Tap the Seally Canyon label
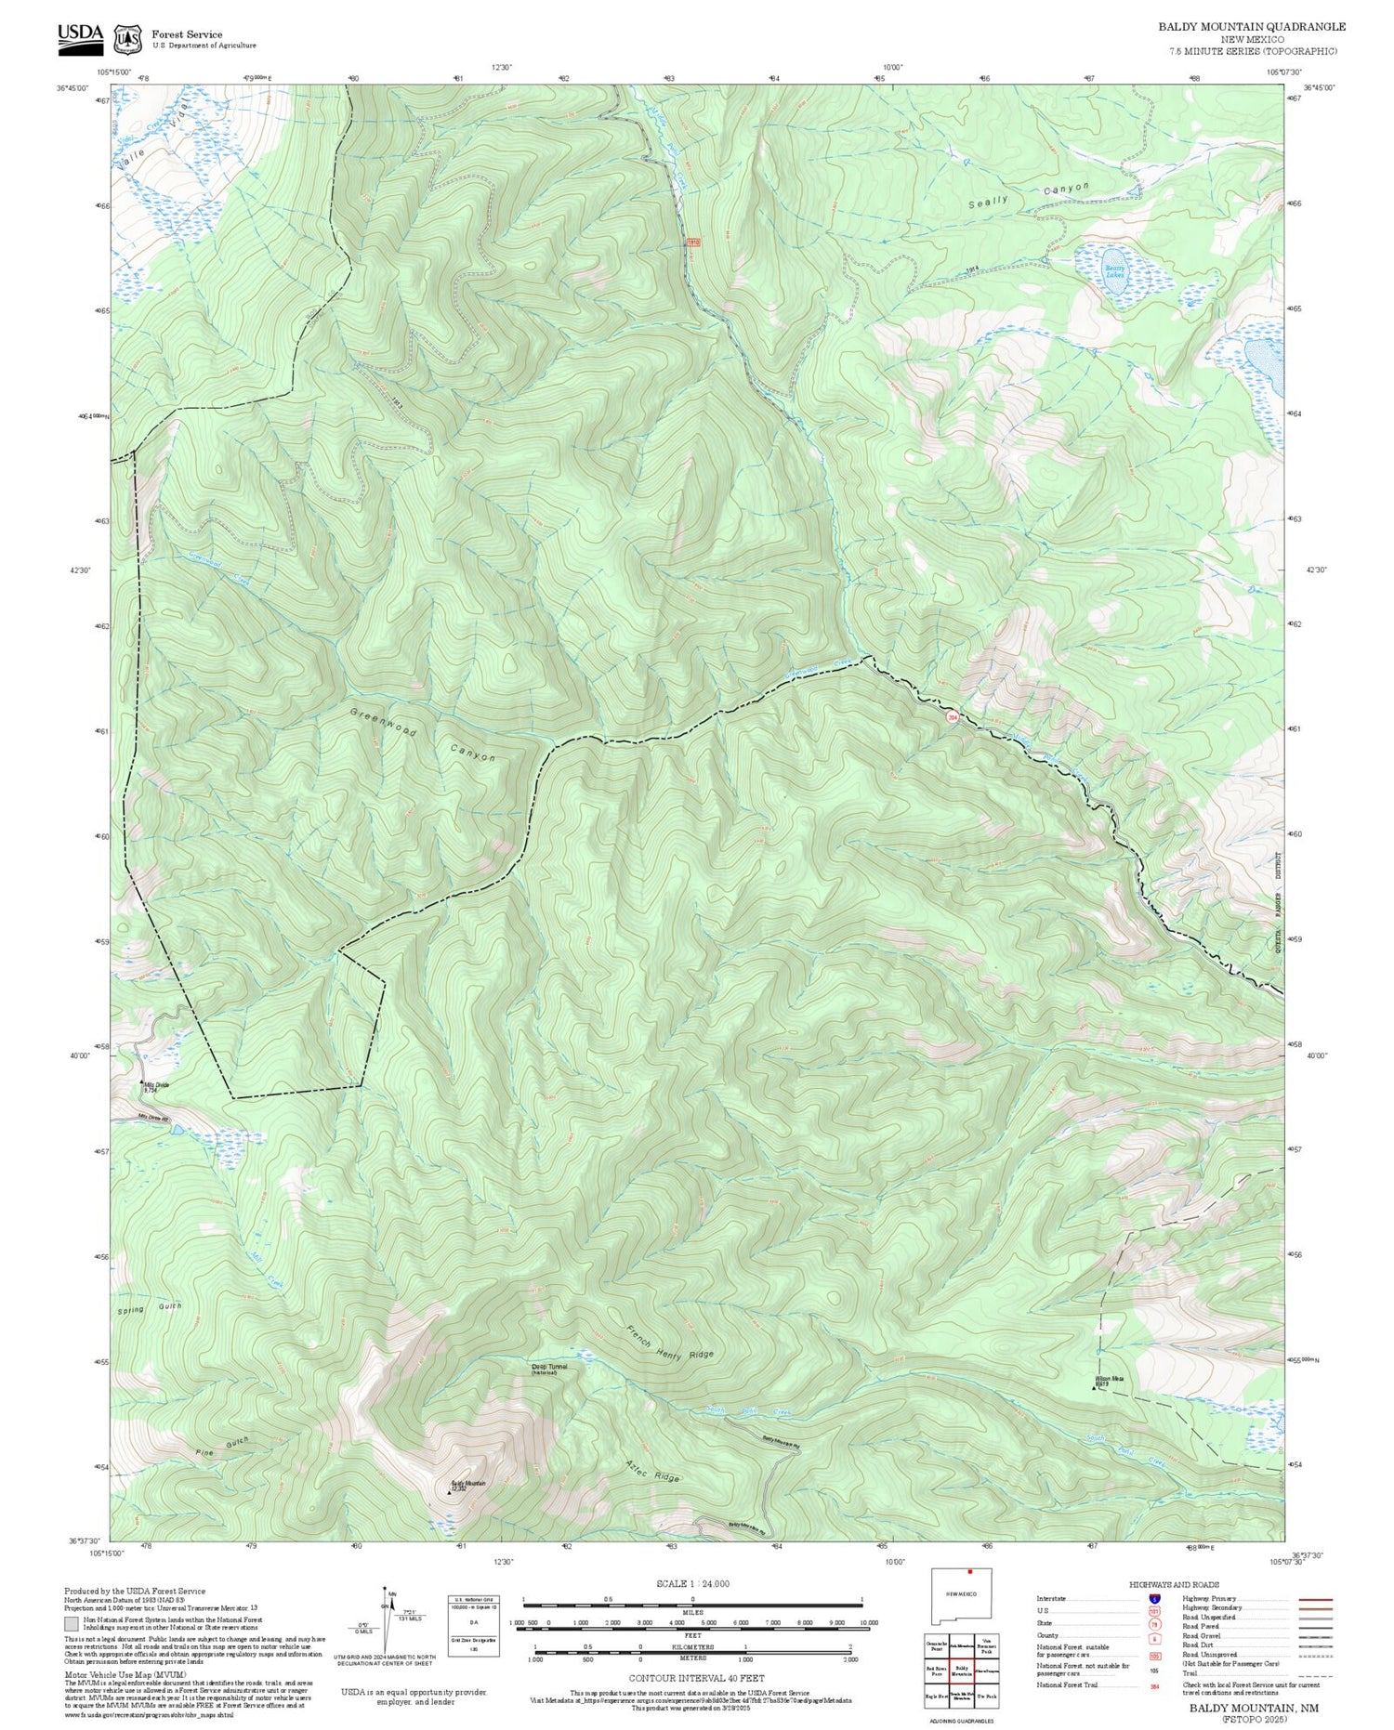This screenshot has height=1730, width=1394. [1027, 195]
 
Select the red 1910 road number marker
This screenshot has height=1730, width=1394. [692, 242]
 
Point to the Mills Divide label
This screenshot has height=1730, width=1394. [156, 1086]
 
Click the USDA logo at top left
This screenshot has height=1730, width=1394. [80, 34]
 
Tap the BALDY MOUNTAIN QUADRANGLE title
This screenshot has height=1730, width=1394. [1251, 27]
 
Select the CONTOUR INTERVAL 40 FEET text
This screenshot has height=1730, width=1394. [696, 1678]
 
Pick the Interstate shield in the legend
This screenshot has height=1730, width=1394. [1153, 1598]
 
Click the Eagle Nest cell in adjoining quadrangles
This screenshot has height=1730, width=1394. [937, 1697]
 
